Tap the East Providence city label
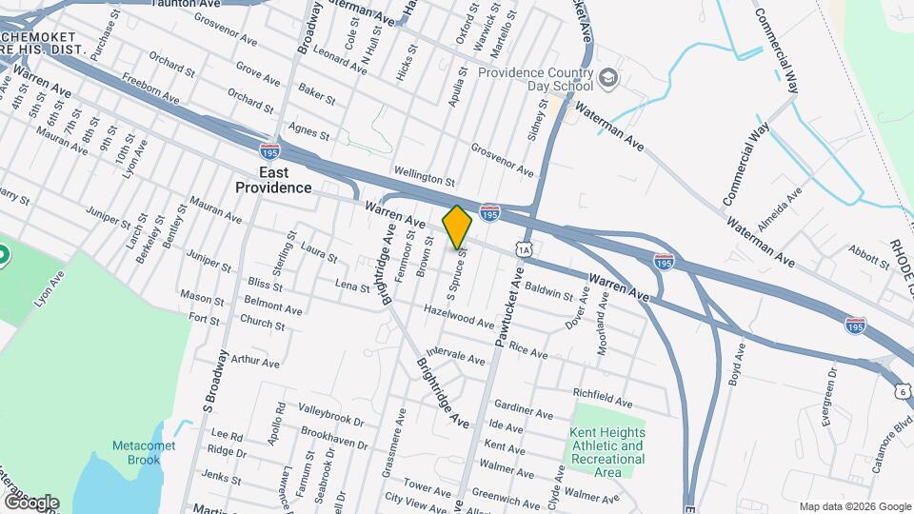click(274, 179)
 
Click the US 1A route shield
click(525, 249)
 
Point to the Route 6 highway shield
click(901, 391)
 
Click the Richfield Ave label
click(603, 393)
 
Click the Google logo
click(30, 502)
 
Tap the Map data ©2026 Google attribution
click(854, 506)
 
